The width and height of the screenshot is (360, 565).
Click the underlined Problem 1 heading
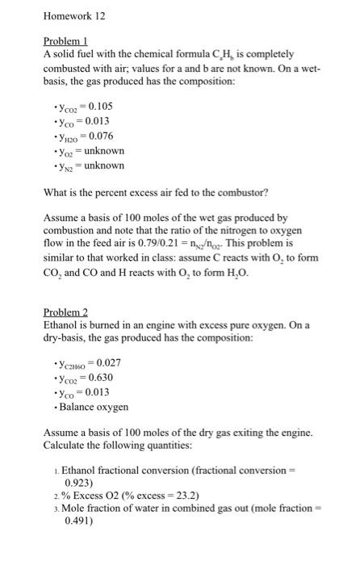[x=65, y=40]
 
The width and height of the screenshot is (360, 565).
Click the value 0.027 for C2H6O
[x=109, y=362]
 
